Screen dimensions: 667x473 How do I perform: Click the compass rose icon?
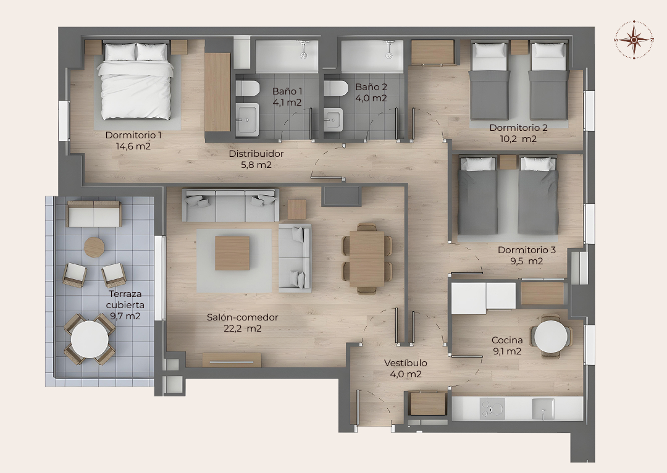pyautogui.click(x=634, y=40)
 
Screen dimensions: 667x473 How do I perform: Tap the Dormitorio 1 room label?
pyautogui.click(x=133, y=135)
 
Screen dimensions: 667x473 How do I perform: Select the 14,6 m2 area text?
pyautogui.click(x=133, y=146)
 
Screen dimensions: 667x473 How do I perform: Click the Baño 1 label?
pyautogui.click(x=287, y=91)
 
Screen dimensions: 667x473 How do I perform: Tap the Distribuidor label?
pyautogui.click(x=256, y=154)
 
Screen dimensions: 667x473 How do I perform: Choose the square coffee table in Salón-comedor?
pyautogui.click(x=232, y=253)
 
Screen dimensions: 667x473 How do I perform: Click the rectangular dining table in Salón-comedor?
pyautogui.click(x=367, y=259)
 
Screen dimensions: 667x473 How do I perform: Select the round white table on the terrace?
pyautogui.click(x=90, y=340)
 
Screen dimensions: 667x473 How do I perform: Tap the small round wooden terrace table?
pyautogui.click(x=94, y=247)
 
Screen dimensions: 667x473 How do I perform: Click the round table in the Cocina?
pyautogui.click(x=551, y=337)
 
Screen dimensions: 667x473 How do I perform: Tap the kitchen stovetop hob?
pyautogui.click(x=492, y=409)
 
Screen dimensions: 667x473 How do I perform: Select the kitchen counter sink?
pyautogui.click(x=543, y=409)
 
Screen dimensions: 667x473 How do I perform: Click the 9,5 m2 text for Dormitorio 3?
pyautogui.click(x=527, y=261)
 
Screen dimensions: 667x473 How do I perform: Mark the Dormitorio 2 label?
pyautogui.click(x=518, y=128)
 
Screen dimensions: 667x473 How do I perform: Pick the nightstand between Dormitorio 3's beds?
pyautogui.click(x=508, y=162)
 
